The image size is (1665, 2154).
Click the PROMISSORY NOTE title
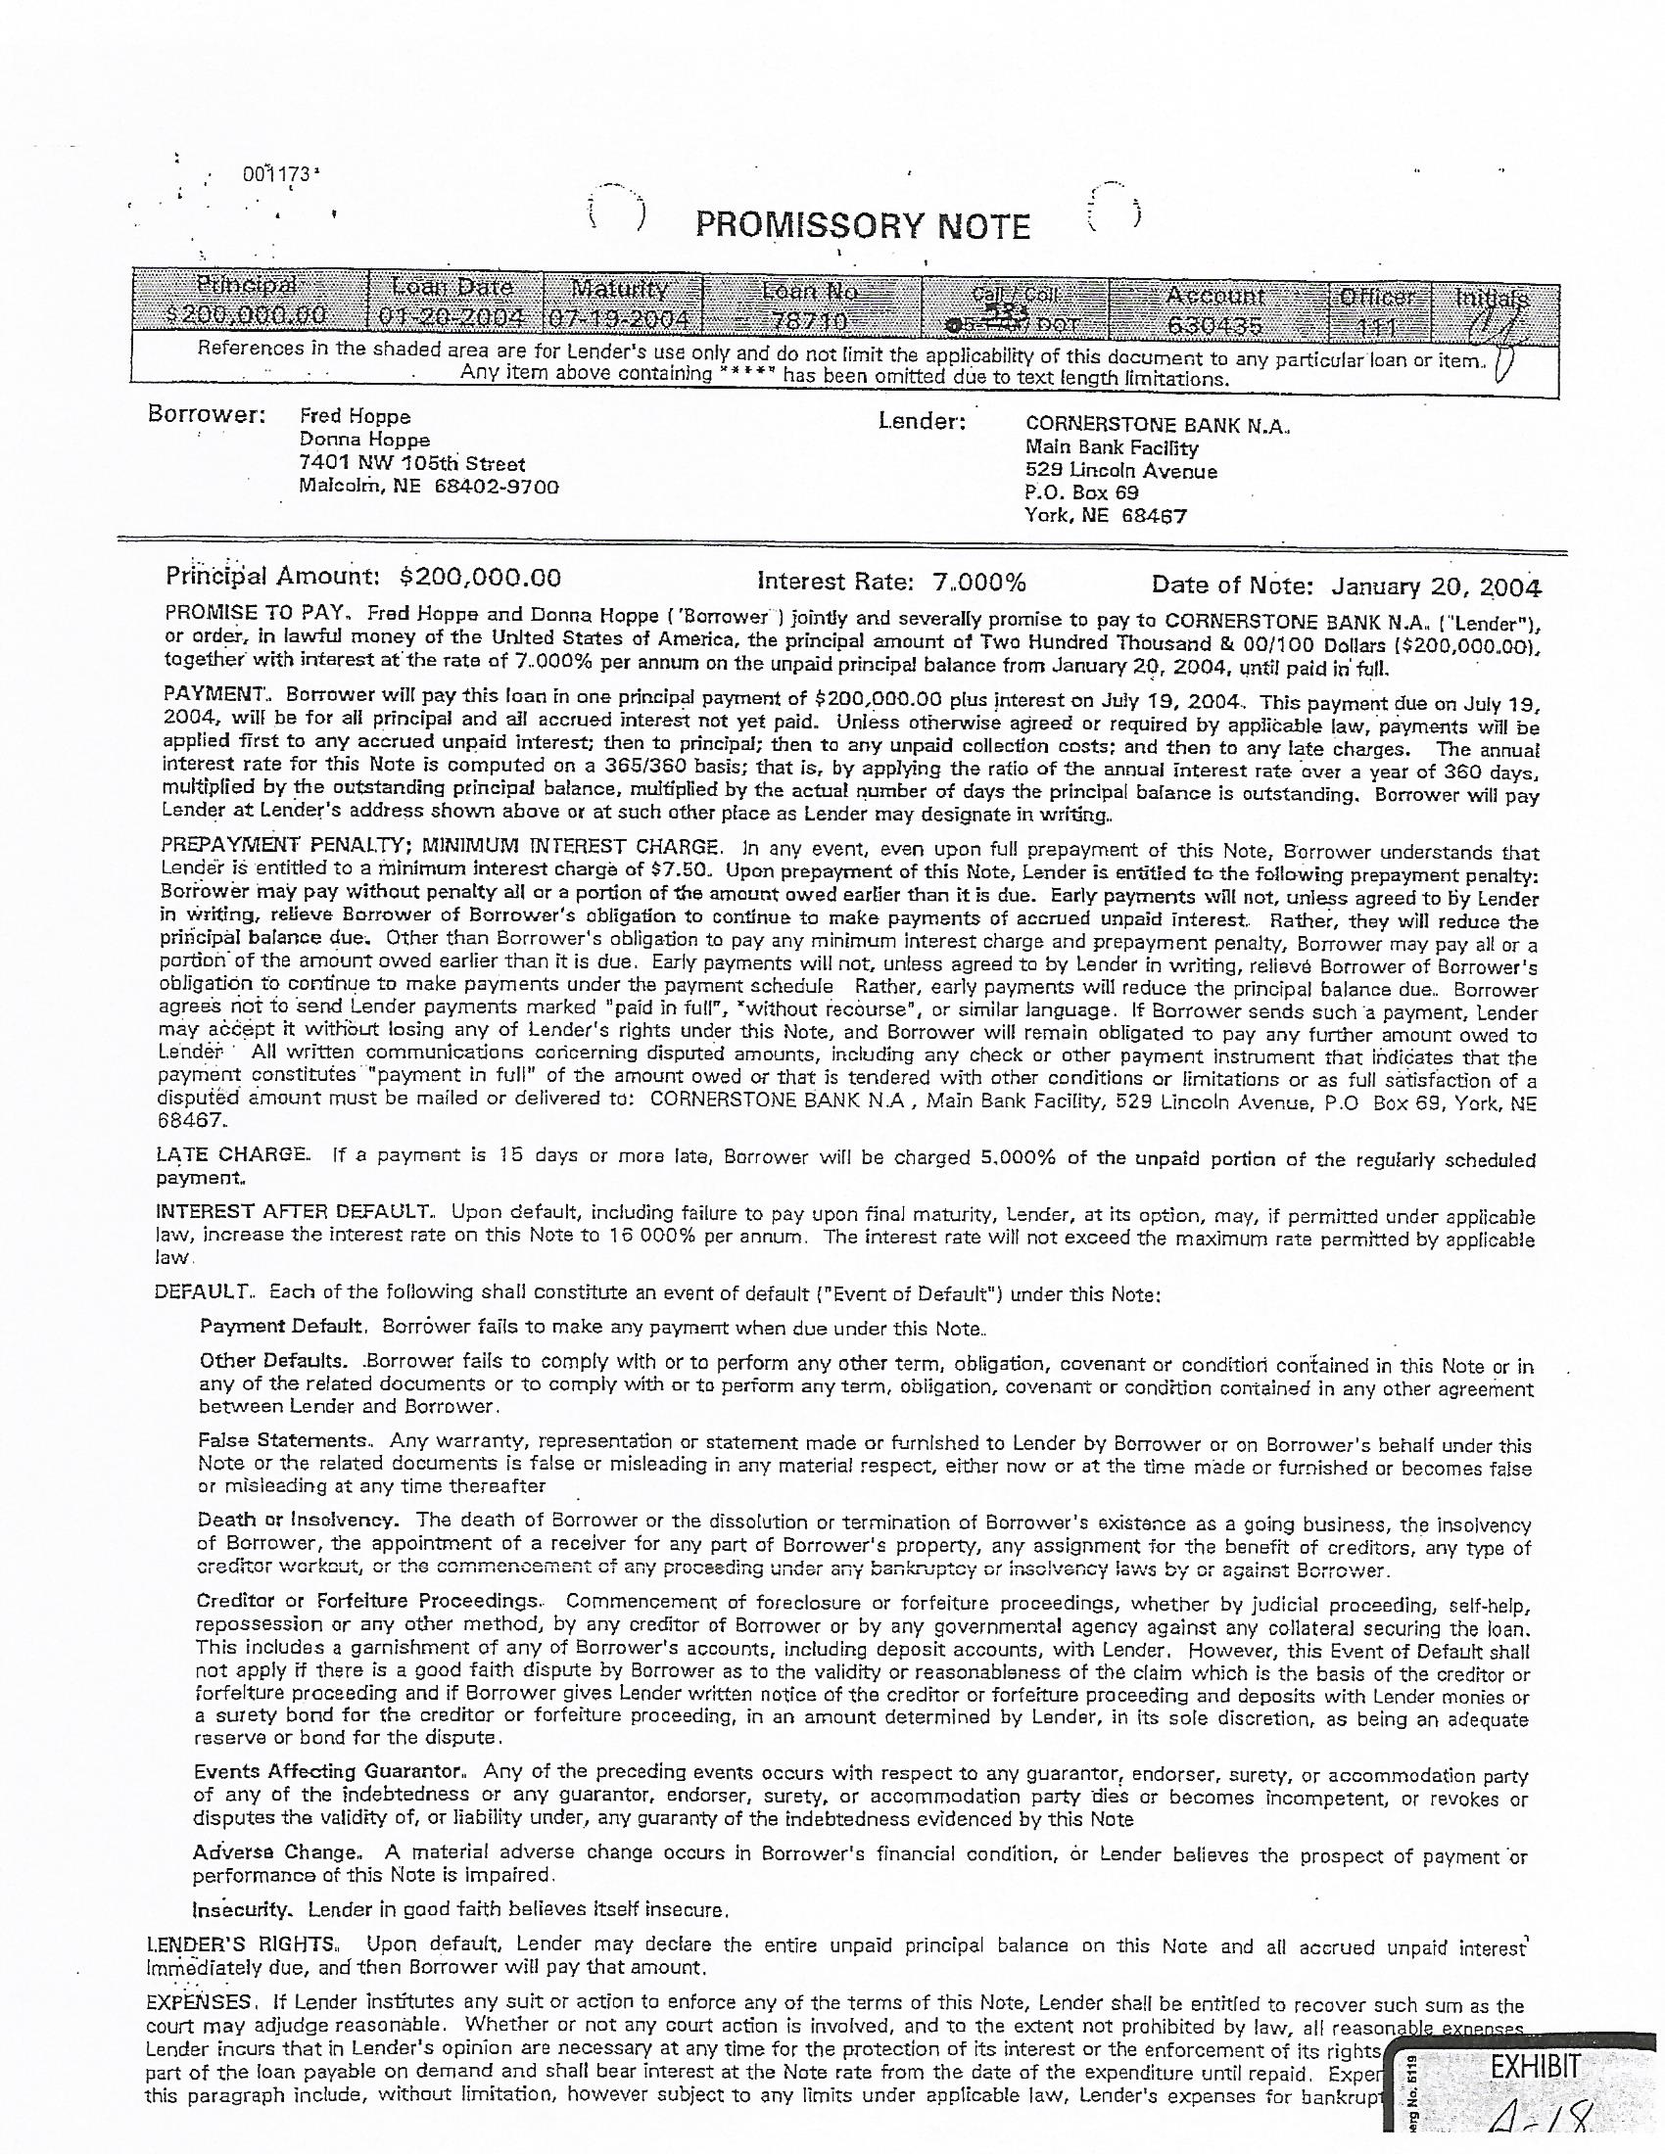point(862,227)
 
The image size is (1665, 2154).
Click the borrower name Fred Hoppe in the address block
point(355,416)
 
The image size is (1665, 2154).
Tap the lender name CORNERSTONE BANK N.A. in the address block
point(1157,425)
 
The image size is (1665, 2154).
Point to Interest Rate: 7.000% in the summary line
point(891,583)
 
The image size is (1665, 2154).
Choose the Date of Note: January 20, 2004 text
point(1346,586)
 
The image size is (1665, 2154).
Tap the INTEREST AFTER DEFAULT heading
point(293,1211)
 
